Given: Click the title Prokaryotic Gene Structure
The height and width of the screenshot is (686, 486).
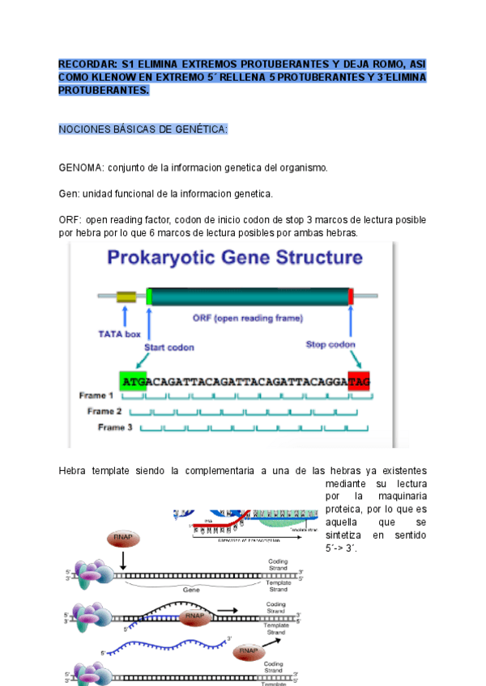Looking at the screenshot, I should click(x=235, y=259).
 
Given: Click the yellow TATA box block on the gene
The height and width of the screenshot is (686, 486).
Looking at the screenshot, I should click(x=126, y=297).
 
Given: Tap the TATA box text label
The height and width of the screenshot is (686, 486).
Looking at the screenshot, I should click(x=119, y=332).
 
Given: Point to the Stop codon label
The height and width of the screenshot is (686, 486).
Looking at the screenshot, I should click(x=330, y=344).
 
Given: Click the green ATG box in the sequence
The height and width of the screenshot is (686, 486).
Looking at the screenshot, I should click(x=132, y=380).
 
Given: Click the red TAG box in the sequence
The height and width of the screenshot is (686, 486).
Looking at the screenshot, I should click(x=359, y=380).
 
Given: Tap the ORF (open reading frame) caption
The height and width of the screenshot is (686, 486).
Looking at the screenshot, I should click(x=247, y=317).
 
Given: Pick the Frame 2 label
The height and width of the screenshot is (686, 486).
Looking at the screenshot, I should click(x=105, y=411).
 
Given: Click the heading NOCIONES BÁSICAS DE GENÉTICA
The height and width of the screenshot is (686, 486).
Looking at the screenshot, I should click(x=143, y=129).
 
